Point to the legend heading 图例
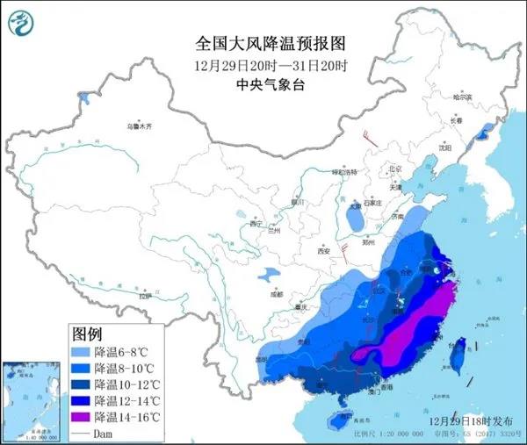(87, 334)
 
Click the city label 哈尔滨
(475, 97)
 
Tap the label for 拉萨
(144, 298)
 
